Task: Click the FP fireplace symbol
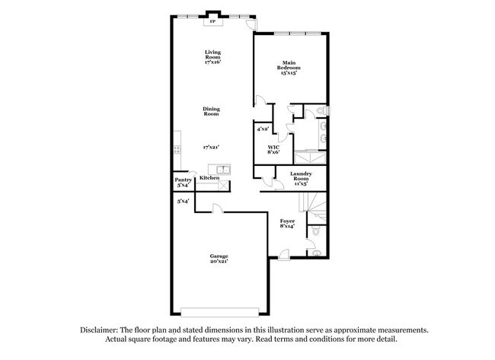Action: pyautogui.click(x=212, y=21)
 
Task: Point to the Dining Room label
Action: pyautogui.click(x=212, y=111)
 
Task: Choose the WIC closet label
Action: pyautogui.click(x=273, y=149)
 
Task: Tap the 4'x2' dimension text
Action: pyautogui.click(x=263, y=129)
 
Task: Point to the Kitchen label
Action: pyautogui.click(x=209, y=177)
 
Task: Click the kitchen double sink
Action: pyautogui.click(x=222, y=169)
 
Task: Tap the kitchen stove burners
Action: pyautogui.click(x=177, y=149)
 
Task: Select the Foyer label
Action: pyautogui.click(x=287, y=223)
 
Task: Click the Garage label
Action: pyautogui.click(x=219, y=258)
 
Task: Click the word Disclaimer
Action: pyautogui.click(x=104, y=330)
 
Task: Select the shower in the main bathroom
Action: pyautogui.click(x=308, y=156)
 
